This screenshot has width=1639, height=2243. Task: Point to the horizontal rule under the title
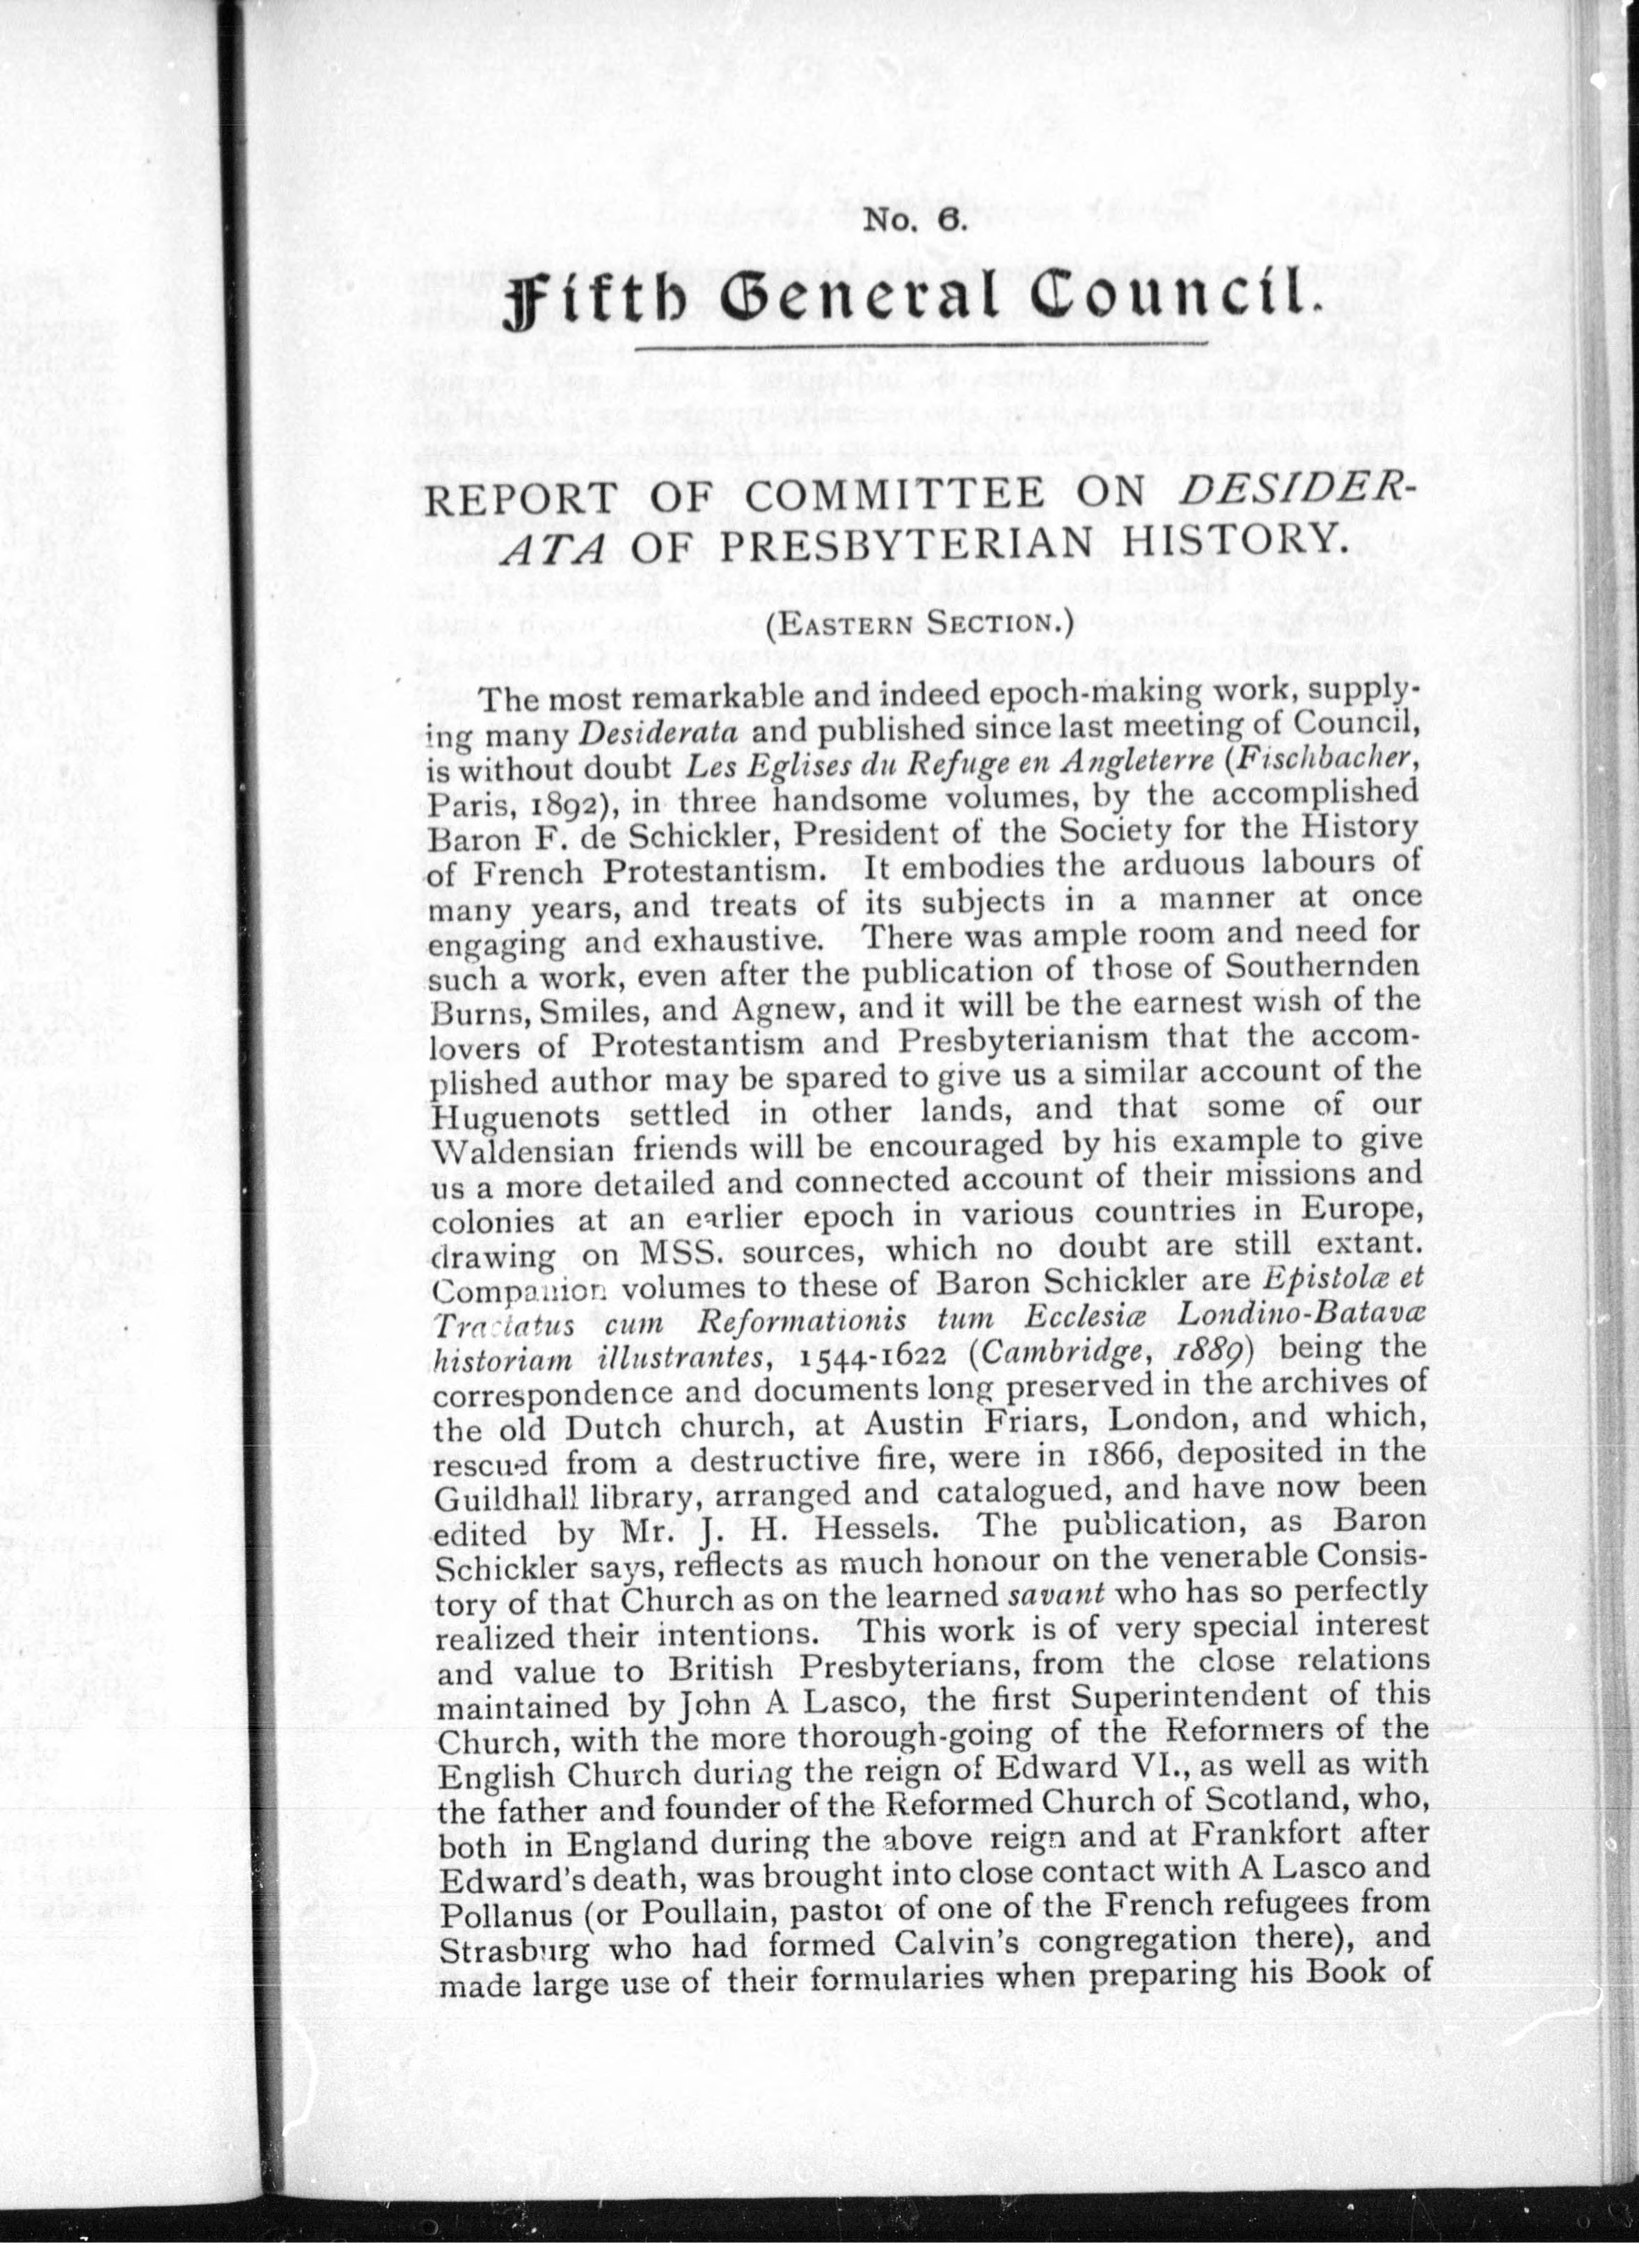pyautogui.click(x=921, y=347)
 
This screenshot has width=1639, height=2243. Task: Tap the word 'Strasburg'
pyautogui.click(x=513, y=1949)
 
